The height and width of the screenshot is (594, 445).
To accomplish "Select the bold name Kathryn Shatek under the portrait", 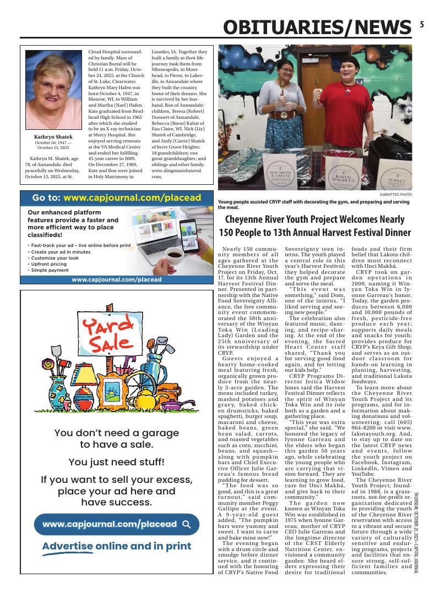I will coord(53,136).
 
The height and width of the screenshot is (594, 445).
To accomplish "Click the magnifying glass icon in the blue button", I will coord(186,524).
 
